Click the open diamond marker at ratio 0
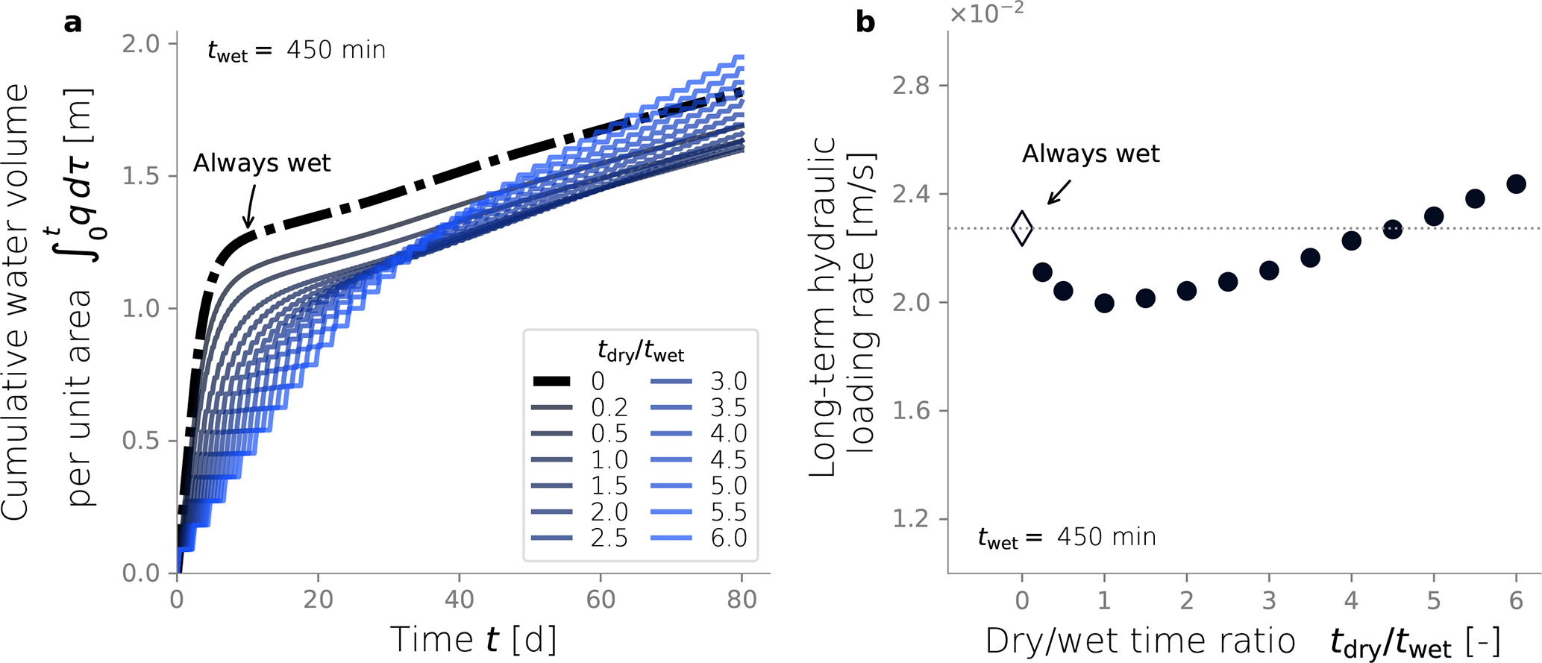coord(1022,228)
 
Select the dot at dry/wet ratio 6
coord(1516,184)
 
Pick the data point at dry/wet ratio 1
coord(1104,303)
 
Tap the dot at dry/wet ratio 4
coord(1351,241)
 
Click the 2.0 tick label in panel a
coord(141,44)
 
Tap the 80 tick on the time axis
coord(742,600)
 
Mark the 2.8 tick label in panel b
coord(911,86)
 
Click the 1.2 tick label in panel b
coord(911,519)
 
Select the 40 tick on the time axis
coord(460,600)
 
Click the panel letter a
coord(73,22)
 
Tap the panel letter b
coord(865,22)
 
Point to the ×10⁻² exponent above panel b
coord(986,13)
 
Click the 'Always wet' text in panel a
coord(262,163)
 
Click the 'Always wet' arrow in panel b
coord(1059,192)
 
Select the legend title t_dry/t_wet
coord(641,350)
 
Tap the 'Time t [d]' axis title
coord(473,640)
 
